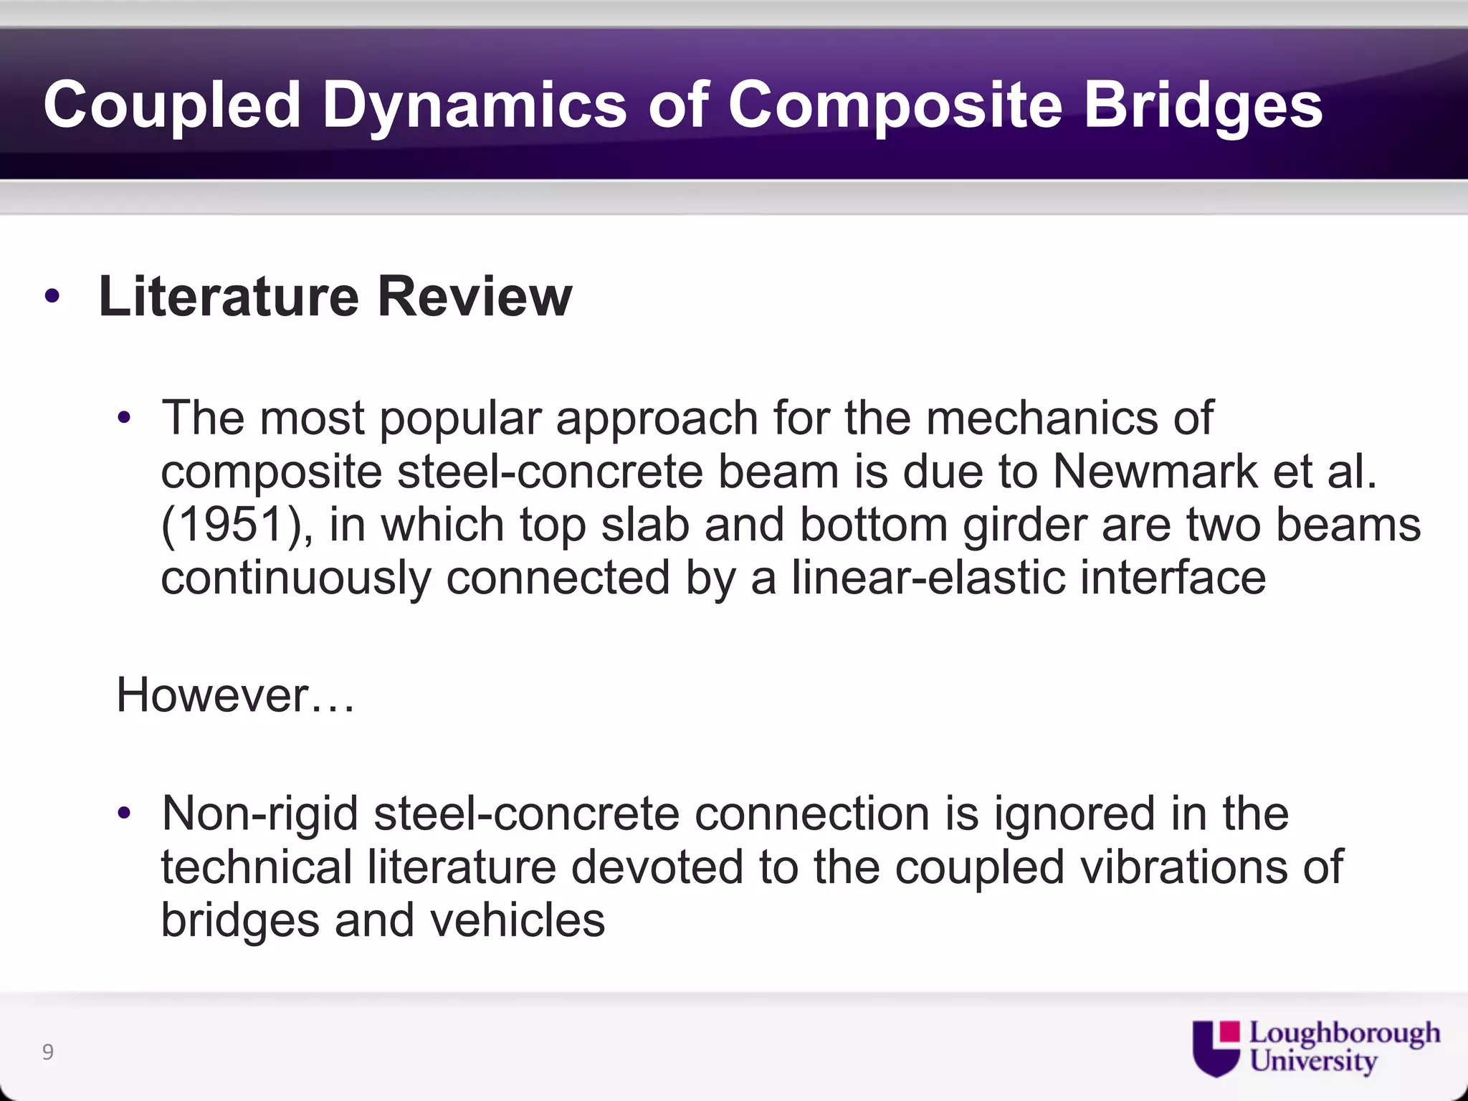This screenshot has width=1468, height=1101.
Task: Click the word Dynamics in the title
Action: pos(474,106)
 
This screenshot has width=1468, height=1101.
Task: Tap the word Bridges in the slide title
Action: pos(1203,106)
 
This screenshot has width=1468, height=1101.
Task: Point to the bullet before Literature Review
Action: pos(52,296)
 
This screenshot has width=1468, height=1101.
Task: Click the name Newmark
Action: pos(1155,472)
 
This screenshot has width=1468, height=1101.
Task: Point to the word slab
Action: pos(644,525)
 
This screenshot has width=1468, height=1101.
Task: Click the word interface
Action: pos(1173,578)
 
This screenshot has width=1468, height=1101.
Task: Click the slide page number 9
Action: pos(48,1052)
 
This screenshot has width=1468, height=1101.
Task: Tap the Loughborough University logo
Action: pos(1315,1047)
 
